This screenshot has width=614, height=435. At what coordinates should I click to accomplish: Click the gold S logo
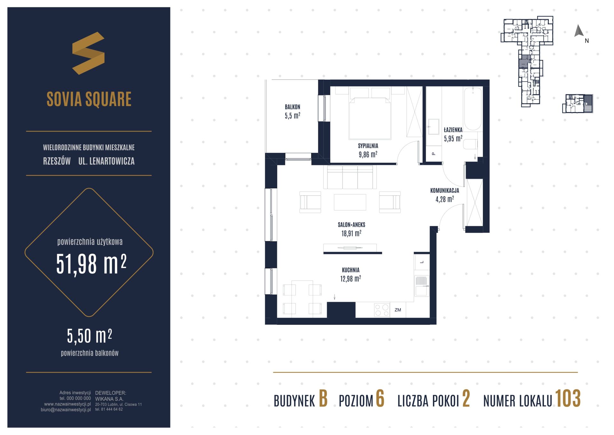tap(88, 53)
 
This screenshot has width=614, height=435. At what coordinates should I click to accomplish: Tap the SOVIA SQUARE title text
tap(89, 99)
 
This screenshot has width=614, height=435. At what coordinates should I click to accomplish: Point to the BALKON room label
tap(293, 107)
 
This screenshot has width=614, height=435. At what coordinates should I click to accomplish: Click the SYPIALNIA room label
tap(368, 146)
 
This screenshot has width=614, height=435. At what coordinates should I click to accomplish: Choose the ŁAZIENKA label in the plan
tap(453, 130)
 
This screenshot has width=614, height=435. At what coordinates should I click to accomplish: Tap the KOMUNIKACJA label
tap(445, 191)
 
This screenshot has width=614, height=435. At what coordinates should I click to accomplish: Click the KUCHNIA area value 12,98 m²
tap(350, 279)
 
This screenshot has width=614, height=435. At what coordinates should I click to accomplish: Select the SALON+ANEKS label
tap(351, 225)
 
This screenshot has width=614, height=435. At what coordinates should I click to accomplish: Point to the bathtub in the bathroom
tap(473, 109)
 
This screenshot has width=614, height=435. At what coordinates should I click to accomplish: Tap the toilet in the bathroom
tap(470, 144)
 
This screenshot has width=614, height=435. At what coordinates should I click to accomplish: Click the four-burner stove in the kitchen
tap(382, 310)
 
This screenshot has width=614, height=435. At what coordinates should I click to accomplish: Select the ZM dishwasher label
tap(398, 310)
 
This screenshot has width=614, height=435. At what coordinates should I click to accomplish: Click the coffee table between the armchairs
tap(350, 202)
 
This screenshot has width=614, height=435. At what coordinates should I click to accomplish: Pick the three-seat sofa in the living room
tap(350, 177)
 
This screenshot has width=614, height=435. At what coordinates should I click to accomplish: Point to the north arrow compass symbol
tap(579, 31)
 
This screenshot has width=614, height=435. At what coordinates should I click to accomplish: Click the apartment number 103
tap(568, 399)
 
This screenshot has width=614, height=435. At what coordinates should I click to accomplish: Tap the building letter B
tap(323, 399)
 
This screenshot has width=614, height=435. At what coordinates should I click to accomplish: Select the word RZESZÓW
tap(57, 161)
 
